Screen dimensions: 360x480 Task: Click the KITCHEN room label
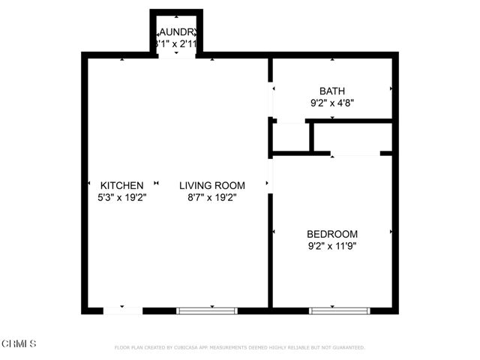tap(121, 185)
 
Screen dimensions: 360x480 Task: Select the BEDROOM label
tap(331, 233)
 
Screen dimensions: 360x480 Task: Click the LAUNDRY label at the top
tap(177, 32)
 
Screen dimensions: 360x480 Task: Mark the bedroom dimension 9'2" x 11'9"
tap(331, 245)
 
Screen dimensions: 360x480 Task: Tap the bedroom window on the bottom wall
tap(340, 310)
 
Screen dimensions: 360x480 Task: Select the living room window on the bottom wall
tap(207, 310)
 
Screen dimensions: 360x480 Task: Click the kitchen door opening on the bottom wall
tap(122, 310)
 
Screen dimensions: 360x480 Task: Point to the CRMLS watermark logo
tap(19, 343)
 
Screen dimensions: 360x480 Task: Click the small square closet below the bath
tap(291, 136)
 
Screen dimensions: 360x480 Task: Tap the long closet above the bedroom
tap(352, 136)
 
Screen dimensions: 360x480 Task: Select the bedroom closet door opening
tap(355, 154)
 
